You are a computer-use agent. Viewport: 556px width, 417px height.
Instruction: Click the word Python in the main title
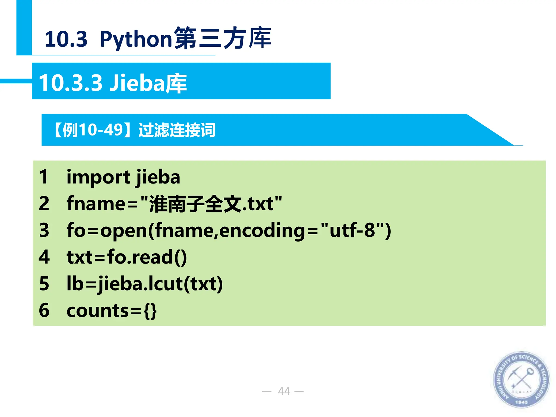point(136,39)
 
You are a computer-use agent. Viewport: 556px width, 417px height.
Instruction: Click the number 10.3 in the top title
point(66,39)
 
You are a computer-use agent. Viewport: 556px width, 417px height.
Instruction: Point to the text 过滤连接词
point(177,130)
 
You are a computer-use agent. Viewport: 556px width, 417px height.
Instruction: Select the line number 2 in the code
point(44,204)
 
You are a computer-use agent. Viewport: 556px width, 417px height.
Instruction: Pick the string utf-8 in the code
point(352,230)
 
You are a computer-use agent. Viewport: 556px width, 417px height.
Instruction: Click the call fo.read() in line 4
point(147,257)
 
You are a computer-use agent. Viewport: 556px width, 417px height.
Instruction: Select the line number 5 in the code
point(44,284)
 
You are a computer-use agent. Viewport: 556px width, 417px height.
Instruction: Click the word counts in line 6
point(98,311)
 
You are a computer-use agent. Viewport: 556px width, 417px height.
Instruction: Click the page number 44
point(284,391)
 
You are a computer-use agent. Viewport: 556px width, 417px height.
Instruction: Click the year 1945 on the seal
point(521,402)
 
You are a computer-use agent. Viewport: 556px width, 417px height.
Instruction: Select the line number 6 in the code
point(44,310)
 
